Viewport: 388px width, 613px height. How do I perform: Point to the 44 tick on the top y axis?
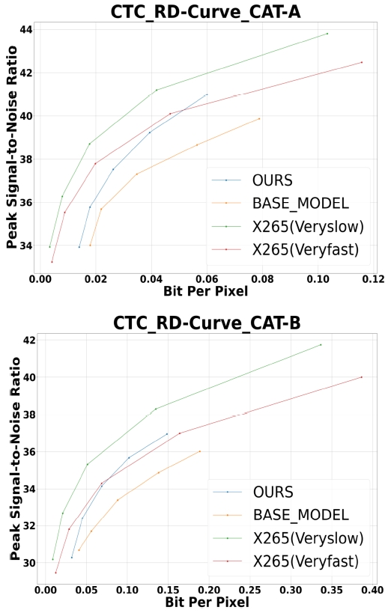[26, 30]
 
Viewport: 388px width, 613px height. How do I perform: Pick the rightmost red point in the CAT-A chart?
[362, 62]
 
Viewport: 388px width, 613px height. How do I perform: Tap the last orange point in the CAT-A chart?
[259, 118]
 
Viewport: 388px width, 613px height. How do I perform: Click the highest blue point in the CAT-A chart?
[207, 94]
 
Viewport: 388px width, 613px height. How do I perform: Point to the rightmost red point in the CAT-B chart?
[362, 377]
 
